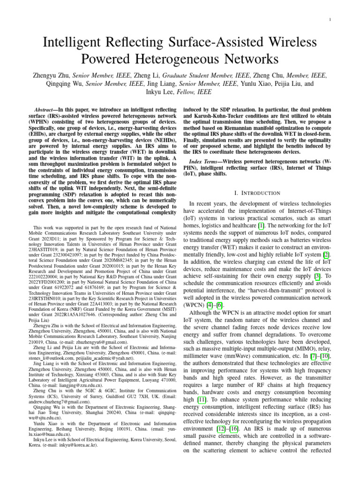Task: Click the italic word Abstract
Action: point(48,109)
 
